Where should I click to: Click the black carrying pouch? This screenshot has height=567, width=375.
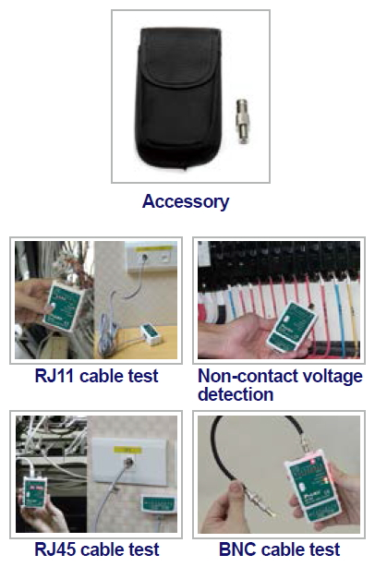tap(178, 99)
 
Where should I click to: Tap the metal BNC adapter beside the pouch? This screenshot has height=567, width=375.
tap(243, 121)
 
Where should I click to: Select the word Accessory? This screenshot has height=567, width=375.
tap(186, 201)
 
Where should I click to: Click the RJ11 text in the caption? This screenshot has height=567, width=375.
tap(55, 376)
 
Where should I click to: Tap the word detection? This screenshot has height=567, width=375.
tap(236, 394)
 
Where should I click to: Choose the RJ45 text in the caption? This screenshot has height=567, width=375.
tap(55, 549)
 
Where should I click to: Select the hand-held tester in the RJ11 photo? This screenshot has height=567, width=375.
tap(65, 305)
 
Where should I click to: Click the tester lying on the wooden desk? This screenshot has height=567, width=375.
tap(151, 334)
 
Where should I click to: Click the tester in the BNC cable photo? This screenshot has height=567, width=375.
tap(313, 487)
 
